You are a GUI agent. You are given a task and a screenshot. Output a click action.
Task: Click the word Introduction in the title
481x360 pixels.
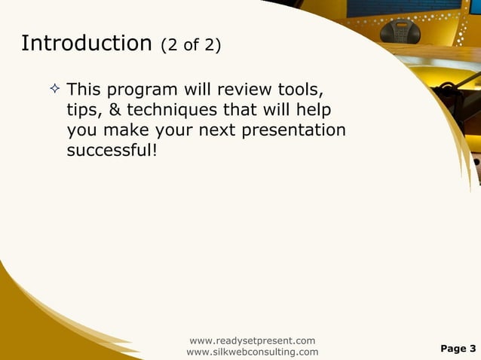pos(87,44)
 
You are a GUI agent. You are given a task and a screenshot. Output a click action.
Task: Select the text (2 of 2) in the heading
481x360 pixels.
pos(191,46)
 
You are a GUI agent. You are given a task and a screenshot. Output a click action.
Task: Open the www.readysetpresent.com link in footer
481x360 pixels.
pos(252,341)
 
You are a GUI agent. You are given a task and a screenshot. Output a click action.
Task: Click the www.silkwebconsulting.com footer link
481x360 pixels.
pos(252,352)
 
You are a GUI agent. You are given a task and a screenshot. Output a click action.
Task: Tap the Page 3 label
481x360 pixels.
pos(458,349)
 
